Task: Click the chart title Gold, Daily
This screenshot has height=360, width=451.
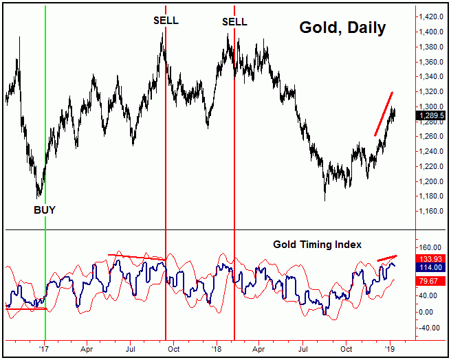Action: [342, 28]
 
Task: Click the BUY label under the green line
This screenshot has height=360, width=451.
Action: [45, 210]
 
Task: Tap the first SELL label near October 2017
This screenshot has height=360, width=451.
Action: [166, 20]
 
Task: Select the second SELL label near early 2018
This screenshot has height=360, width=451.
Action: [234, 21]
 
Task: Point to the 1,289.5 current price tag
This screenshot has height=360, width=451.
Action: [431, 116]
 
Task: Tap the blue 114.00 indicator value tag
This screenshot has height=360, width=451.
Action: [431, 267]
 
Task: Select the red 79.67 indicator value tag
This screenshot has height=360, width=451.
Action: [431, 280]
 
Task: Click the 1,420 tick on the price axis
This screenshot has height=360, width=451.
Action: [432, 16]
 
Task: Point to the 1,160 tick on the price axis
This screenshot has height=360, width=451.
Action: [432, 211]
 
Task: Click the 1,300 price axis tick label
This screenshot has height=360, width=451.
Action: [432, 106]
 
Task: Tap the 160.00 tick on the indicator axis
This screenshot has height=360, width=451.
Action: [431, 247]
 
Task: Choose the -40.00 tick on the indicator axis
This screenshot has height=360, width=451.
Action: [431, 328]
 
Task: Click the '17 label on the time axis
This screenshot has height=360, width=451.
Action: [45, 349]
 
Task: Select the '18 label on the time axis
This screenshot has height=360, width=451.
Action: [215, 349]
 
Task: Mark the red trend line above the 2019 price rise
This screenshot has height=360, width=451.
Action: [384, 113]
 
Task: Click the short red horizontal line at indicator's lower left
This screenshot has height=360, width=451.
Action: [25, 309]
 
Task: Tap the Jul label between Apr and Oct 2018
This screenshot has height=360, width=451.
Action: [303, 349]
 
